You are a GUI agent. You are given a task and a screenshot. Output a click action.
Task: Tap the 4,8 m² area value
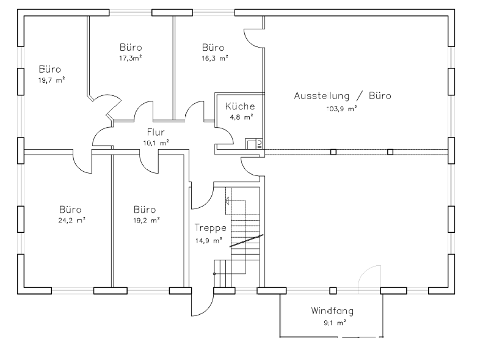237,116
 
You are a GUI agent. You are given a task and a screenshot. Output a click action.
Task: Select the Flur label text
156,132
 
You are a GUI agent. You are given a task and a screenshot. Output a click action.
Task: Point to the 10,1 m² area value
156,142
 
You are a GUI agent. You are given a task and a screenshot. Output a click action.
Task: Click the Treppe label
211,228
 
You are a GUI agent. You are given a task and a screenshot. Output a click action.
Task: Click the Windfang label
332,310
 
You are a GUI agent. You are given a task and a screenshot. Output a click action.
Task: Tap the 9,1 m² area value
333,321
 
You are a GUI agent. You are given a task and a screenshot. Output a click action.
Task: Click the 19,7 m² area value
52,80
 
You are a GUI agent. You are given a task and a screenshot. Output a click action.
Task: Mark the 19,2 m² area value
147,219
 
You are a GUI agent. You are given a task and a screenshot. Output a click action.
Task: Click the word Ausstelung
321,96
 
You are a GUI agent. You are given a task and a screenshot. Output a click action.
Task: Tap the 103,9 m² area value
341,109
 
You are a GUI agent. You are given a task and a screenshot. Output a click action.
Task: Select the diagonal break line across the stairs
246,240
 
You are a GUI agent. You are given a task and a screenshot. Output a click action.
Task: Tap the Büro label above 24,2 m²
70,208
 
